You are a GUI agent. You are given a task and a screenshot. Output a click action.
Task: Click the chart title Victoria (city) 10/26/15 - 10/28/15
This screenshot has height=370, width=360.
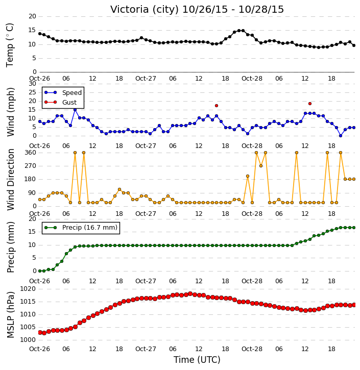197,9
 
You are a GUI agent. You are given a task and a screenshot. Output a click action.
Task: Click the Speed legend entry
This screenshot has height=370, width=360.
63,92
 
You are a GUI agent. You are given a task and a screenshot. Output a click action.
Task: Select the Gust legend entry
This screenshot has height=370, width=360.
60,102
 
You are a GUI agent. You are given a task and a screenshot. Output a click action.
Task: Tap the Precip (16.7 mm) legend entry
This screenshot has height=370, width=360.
81,228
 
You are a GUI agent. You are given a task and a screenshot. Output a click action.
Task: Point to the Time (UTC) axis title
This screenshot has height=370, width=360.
197,360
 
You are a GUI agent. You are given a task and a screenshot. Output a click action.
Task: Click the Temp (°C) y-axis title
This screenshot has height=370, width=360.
10,45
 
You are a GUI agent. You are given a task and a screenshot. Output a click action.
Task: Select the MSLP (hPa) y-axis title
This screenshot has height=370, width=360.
10,314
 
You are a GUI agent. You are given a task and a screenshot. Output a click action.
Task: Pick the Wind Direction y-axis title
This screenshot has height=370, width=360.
10,179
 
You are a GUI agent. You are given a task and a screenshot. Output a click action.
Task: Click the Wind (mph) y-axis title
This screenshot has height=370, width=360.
10,112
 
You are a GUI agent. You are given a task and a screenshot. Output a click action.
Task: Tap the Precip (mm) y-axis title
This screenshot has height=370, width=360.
10,247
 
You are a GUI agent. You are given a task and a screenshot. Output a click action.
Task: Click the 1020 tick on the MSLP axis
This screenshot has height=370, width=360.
28,289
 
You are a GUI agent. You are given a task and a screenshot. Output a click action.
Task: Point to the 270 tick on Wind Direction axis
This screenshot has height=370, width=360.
31,166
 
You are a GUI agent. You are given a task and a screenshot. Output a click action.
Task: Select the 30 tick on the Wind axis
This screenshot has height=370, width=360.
32,84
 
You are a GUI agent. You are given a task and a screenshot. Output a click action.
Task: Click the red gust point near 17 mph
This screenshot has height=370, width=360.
217,106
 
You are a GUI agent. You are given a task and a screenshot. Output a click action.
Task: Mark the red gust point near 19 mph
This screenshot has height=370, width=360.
310,104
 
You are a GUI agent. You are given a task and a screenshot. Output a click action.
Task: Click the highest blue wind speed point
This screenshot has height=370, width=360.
75,110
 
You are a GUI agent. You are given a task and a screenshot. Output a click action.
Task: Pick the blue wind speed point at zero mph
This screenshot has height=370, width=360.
341,136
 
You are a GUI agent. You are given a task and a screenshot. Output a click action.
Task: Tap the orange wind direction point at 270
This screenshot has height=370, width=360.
261,166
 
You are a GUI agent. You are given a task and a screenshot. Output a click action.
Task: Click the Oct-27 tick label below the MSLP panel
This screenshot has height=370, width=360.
146,349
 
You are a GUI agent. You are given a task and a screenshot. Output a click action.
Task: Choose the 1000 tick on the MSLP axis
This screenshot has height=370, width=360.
28,340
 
